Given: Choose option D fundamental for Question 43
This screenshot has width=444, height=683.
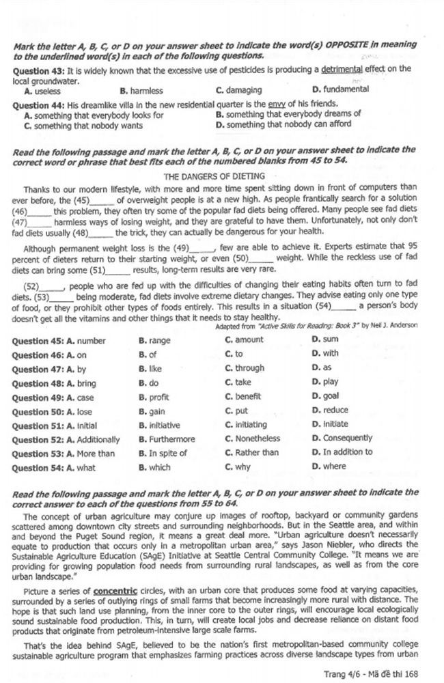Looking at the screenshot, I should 339,89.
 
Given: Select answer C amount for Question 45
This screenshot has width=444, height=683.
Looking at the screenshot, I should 244,340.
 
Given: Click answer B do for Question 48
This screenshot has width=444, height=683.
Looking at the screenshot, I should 148,382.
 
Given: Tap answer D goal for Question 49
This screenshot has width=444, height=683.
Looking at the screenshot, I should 325,396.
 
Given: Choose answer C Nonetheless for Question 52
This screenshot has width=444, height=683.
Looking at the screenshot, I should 252,439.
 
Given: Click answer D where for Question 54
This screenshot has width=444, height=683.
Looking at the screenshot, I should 329,466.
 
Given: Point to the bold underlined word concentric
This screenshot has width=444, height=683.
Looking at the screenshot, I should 116,589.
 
